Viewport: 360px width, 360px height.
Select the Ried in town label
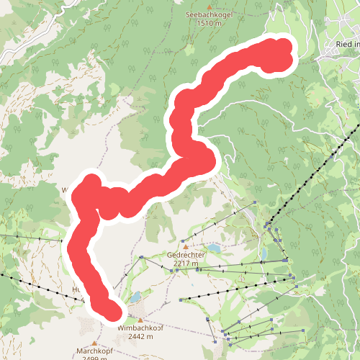[347, 44]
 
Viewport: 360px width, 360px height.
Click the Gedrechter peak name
[186, 255]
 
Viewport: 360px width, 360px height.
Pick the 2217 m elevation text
[186, 263]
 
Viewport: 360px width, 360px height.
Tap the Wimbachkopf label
[140, 328]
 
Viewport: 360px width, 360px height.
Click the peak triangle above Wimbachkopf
[140, 320]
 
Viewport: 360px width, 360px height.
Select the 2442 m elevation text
[140, 336]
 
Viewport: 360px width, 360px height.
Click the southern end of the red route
[111, 311]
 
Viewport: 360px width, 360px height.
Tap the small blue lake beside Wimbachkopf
[135, 297]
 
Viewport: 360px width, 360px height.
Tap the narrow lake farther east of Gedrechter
[264, 253]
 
